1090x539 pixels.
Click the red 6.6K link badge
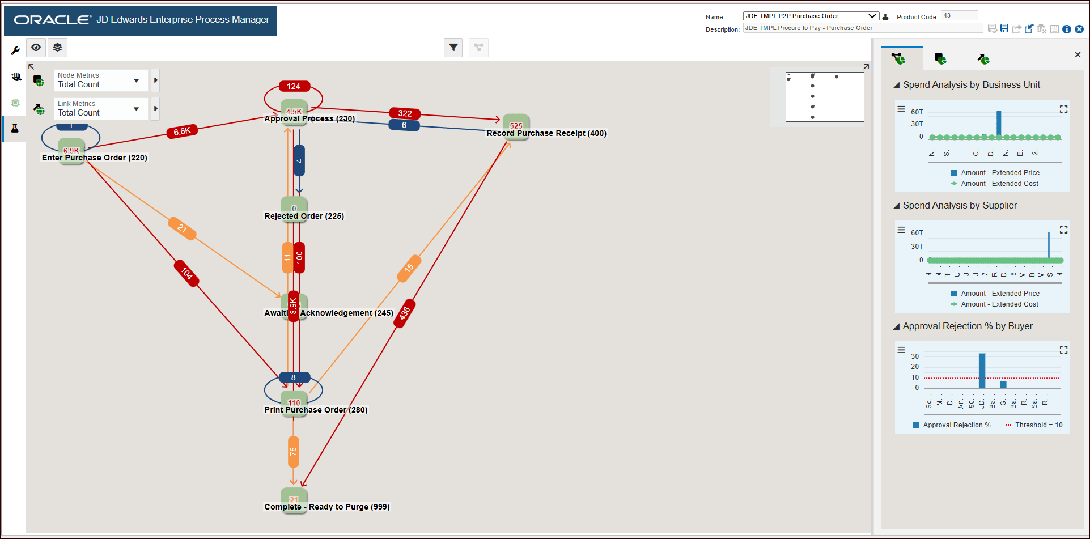click(182, 131)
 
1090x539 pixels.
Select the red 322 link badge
click(405, 113)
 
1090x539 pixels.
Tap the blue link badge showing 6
click(404, 125)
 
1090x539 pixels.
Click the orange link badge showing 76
click(293, 452)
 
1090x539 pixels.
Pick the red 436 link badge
click(405, 313)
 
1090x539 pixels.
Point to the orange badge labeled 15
click(409, 268)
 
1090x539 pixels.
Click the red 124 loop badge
click(294, 86)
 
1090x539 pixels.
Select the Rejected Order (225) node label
click(304, 216)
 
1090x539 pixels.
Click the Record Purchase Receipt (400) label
click(546, 133)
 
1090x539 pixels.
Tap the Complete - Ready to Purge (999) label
click(327, 507)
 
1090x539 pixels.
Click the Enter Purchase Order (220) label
click(95, 158)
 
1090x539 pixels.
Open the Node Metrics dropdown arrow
click(137, 80)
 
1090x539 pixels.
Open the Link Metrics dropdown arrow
click(137, 109)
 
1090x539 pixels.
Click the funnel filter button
click(453, 48)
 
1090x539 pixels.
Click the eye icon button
click(36, 48)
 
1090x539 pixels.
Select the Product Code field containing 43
click(959, 16)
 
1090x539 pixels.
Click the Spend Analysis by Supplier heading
click(960, 205)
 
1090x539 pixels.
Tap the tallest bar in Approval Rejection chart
click(982, 371)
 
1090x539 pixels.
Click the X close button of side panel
click(1078, 55)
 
